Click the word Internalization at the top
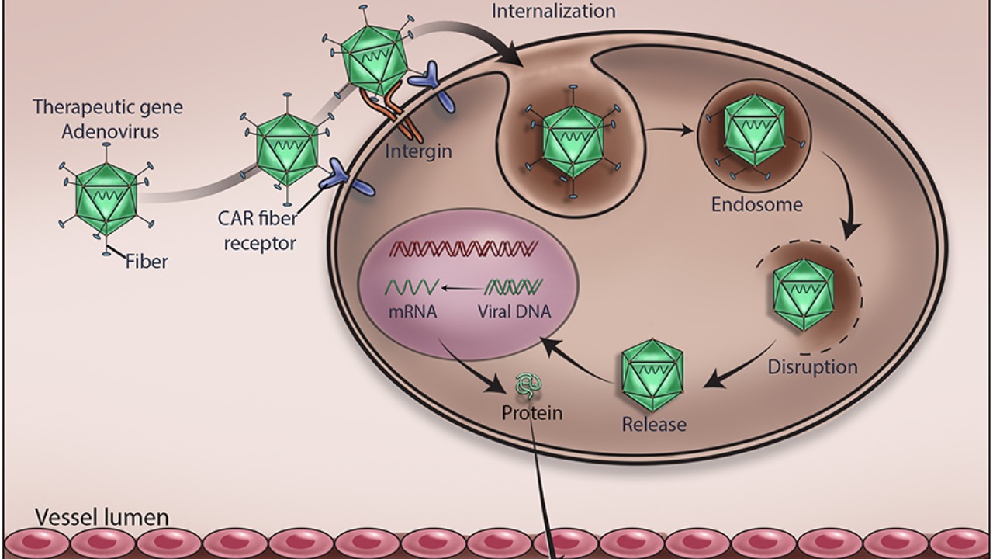553,11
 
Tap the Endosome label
756,205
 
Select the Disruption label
812,366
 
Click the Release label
654,425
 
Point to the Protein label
531,412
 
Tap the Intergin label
418,150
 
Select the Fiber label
147,262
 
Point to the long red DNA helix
464,248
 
